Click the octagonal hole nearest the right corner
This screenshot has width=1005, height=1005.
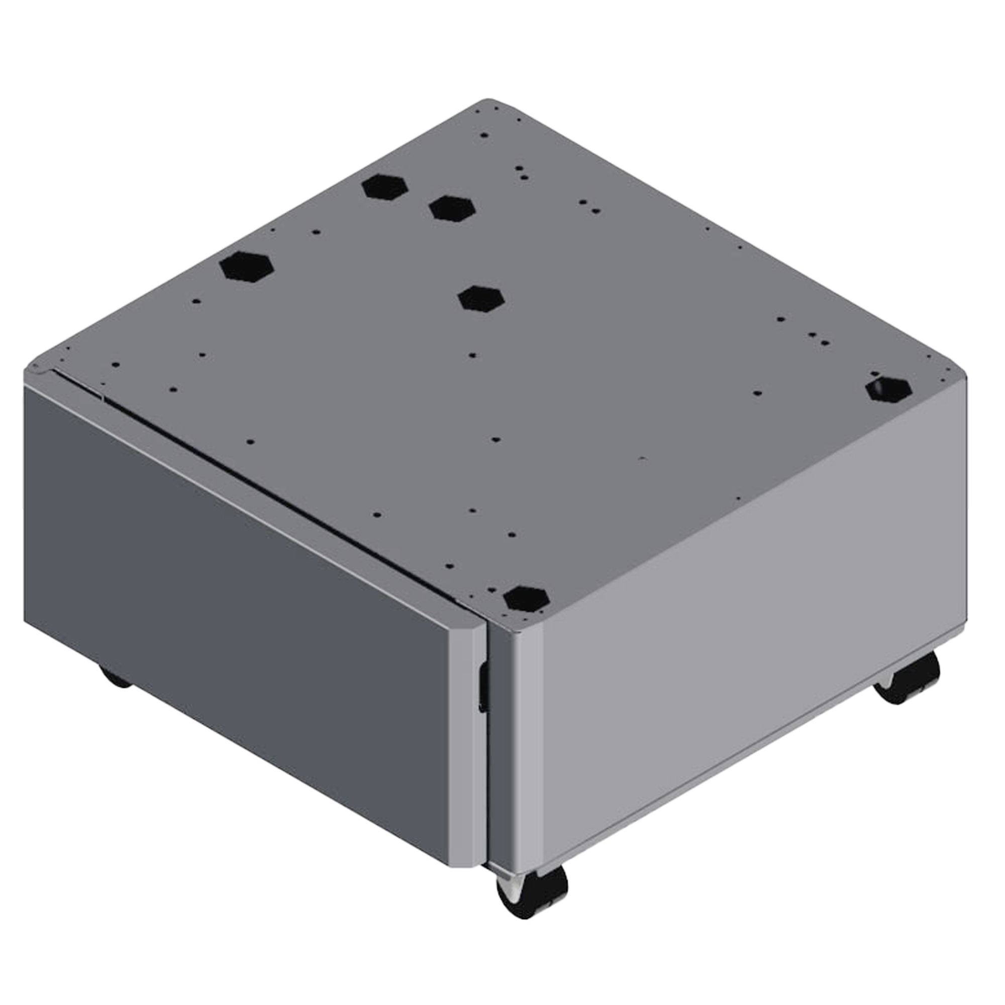(x=888, y=389)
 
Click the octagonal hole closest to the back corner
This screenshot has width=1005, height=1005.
(x=385, y=187)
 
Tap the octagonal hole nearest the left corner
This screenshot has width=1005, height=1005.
(x=247, y=266)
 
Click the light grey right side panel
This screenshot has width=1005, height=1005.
(x=739, y=650)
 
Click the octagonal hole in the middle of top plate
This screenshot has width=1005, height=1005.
(x=481, y=298)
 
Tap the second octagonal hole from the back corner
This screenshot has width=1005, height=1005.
(x=452, y=209)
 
